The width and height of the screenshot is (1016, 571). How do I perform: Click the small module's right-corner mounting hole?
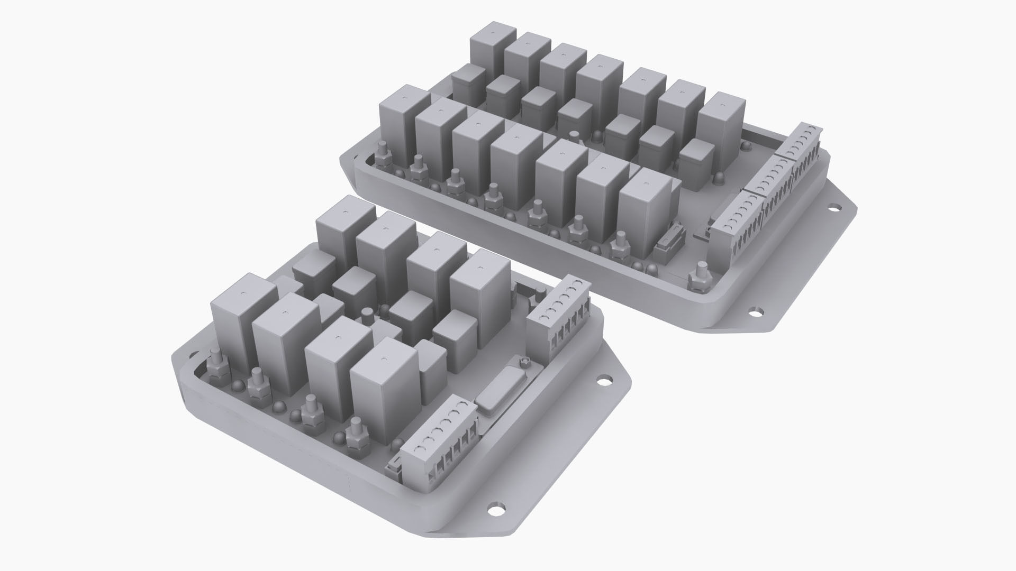603,380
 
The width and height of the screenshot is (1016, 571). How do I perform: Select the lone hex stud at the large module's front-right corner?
700,277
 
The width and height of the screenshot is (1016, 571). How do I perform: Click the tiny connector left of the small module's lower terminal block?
394,465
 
